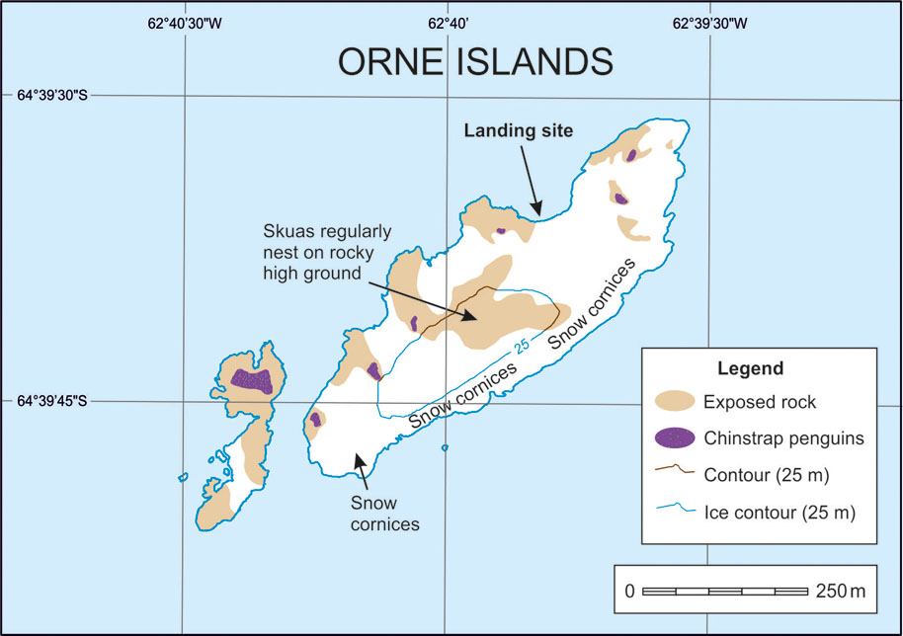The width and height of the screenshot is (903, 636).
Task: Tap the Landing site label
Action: coord(522,130)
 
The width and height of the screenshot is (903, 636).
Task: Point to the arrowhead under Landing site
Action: coord(537,209)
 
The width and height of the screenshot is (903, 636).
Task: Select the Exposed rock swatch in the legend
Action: coord(676,402)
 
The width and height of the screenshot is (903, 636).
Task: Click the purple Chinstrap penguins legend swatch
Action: coord(676,437)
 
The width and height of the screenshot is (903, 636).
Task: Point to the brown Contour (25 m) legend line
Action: coord(676,475)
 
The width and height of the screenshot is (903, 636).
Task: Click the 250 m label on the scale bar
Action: coord(841,592)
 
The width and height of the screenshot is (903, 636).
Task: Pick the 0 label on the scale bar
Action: coord(629,592)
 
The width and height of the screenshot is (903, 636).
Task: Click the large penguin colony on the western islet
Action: coord(251,379)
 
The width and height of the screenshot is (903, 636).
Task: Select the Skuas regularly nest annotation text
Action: coord(328,252)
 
